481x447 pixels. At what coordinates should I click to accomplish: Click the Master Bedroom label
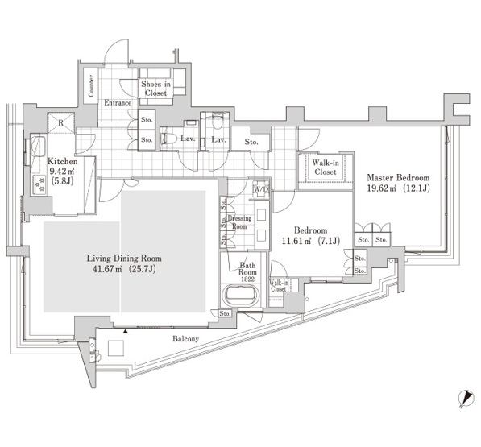398,178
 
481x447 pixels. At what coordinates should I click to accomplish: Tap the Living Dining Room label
124,259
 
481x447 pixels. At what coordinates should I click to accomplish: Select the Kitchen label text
63,162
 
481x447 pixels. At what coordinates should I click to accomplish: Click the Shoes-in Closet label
155,89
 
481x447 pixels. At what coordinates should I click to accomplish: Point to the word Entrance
118,103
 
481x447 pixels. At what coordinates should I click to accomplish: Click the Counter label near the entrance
91,86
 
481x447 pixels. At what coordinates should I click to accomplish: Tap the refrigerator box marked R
61,123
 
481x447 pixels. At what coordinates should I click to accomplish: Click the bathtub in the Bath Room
241,296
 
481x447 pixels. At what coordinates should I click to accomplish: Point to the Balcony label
185,339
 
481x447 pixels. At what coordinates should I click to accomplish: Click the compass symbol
466,399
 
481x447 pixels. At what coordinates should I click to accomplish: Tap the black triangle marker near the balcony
126,332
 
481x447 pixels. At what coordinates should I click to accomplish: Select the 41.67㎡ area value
108,269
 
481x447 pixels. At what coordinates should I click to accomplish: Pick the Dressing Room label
239,222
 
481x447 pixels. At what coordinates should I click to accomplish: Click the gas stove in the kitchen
39,185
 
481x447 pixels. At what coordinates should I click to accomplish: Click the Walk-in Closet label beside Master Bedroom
326,168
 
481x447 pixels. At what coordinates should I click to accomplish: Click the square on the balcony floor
116,348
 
